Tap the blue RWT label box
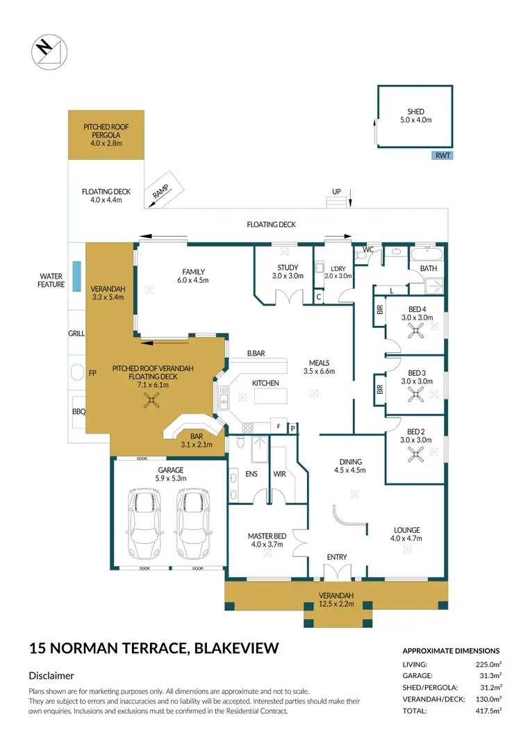point(442,156)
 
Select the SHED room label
point(415,112)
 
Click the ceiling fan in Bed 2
point(416,455)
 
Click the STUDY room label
point(288,267)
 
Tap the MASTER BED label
point(266,536)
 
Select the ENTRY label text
point(337,557)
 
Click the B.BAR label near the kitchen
point(256,354)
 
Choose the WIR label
point(280,474)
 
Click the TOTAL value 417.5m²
point(486,711)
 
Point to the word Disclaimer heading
point(51,675)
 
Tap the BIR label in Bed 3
point(380,389)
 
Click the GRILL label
point(76,333)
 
